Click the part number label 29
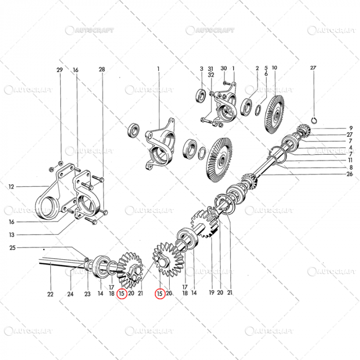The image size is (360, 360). click(x=60, y=69)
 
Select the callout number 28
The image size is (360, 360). click(x=102, y=69)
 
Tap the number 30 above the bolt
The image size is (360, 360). click(x=224, y=68)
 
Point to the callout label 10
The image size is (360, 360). click(x=275, y=68)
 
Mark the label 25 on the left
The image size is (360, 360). click(x=13, y=248)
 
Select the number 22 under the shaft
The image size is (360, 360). click(x=50, y=294)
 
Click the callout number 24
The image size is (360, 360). click(x=70, y=294)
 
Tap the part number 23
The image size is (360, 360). click(x=87, y=294)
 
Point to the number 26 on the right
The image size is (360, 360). click(x=350, y=174)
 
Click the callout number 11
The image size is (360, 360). click(x=351, y=160)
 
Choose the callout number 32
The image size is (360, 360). click(x=211, y=75)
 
